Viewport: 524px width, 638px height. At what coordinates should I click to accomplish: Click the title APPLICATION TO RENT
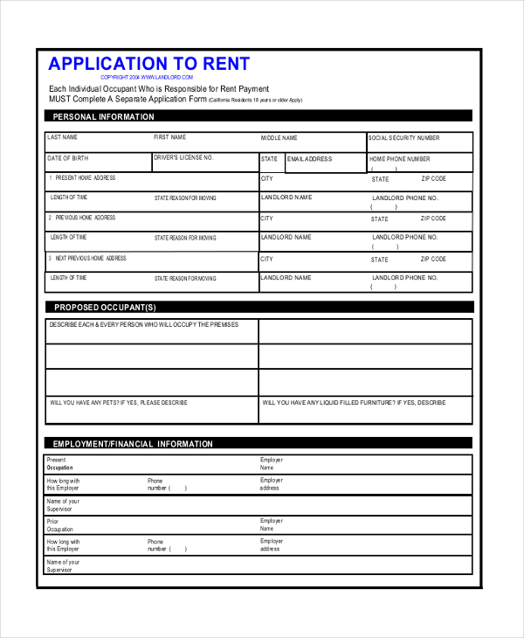[148, 64]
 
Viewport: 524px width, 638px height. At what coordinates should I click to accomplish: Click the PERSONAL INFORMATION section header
[103, 116]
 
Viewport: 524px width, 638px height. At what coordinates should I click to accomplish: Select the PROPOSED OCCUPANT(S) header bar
[105, 308]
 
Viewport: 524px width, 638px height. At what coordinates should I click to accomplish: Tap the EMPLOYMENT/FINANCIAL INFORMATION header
[133, 444]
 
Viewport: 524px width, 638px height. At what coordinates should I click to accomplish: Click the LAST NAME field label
[63, 138]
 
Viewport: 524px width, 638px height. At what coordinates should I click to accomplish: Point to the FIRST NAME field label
[170, 138]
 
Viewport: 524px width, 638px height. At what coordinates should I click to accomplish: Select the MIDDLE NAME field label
[279, 138]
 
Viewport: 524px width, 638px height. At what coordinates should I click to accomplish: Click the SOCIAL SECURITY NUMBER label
[403, 138]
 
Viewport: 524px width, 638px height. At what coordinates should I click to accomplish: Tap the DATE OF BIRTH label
[68, 158]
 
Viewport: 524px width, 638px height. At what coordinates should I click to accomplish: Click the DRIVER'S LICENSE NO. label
[183, 158]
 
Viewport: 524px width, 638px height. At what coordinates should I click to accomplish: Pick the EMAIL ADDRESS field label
[309, 159]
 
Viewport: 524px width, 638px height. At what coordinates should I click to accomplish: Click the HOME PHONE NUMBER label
[400, 159]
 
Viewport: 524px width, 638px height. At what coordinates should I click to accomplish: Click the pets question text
[119, 403]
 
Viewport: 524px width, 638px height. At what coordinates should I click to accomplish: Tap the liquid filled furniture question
[354, 403]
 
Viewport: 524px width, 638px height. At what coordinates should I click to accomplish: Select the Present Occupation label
[59, 464]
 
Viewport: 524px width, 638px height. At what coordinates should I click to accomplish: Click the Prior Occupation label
[59, 525]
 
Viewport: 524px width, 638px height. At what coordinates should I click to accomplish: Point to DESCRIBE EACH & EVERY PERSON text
[142, 324]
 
